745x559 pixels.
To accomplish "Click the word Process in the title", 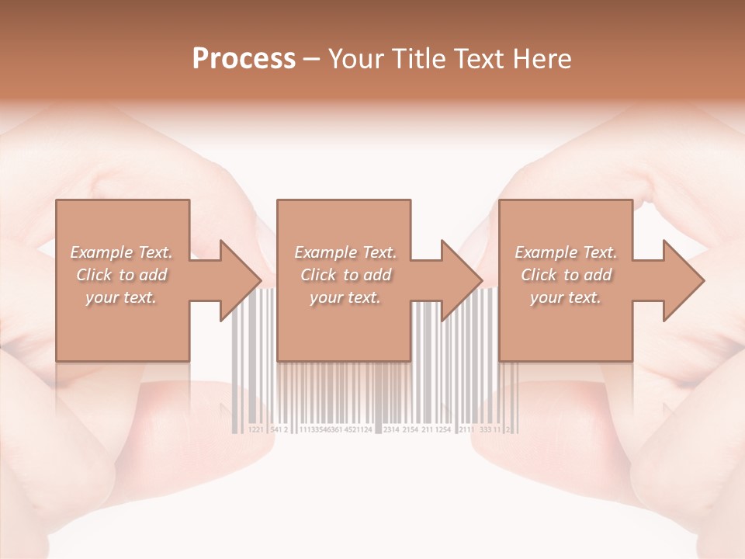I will pyautogui.click(x=244, y=59).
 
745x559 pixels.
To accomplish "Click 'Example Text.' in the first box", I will pyautogui.click(x=121, y=252).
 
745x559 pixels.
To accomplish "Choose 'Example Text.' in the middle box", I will pyautogui.click(x=345, y=252).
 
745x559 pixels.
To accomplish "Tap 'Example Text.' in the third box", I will pyautogui.click(x=566, y=252).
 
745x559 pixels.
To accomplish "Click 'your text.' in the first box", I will pyautogui.click(x=121, y=297).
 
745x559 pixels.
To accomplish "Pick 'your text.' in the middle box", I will pyautogui.click(x=345, y=297).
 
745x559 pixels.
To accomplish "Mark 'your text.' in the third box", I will pyautogui.click(x=566, y=297).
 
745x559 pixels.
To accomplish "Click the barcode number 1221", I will pyautogui.click(x=256, y=429).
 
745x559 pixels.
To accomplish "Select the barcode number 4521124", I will pyautogui.click(x=358, y=429).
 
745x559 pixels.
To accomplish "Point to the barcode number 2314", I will pyautogui.click(x=391, y=429).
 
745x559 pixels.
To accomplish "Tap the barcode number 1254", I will pyautogui.click(x=443, y=429).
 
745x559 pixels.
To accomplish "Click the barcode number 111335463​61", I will pyautogui.click(x=320, y=429).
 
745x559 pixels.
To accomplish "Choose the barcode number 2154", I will pyautogui.click(x=411, y=429).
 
